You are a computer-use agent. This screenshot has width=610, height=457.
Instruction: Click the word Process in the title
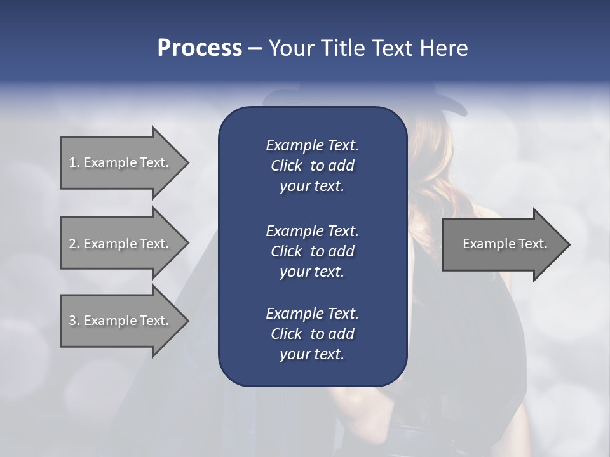click(x=200, y=48)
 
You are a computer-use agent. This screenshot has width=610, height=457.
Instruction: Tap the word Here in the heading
click(x=444, y=48)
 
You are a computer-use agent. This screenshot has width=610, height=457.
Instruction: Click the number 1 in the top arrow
click(x=72, y=162)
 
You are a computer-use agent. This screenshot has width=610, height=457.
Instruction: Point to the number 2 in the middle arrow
click(x=72, y=244)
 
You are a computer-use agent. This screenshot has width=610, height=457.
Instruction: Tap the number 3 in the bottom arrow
click(x=72, y=321)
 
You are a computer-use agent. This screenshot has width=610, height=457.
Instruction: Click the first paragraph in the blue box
click(x=312, y=166)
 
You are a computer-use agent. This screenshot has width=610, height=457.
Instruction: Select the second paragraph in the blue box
click(x=312, y=251)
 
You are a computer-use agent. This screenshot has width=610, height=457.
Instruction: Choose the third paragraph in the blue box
click(x=312, y=334)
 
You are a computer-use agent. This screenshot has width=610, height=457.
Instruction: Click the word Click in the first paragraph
click(x=286, y=166)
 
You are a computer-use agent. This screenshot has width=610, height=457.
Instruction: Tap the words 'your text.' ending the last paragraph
click(x=312, y=355)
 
